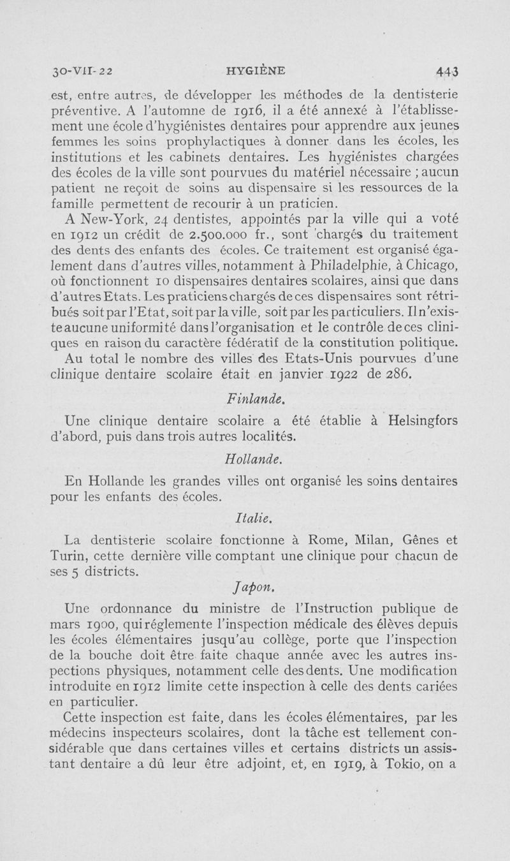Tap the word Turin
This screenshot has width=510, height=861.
[x=68, y=557]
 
